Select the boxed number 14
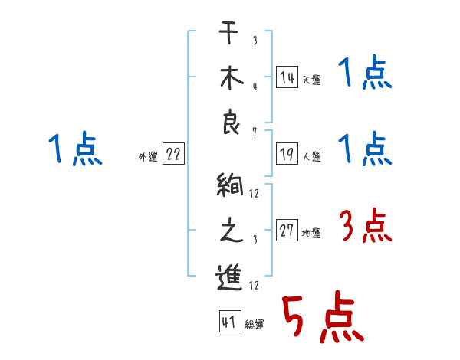click(287, 77)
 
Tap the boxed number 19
click(287, 154)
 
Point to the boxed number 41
click(228, 322)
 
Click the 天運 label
click(311, 80)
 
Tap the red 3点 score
click(365, 227)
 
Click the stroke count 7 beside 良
click(255, 133)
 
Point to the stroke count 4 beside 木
click(255, 86)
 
